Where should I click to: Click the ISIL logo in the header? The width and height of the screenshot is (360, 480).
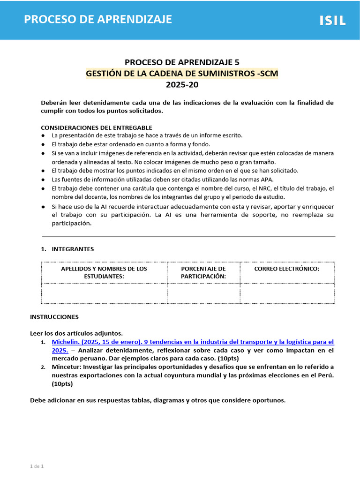tap(332, 20)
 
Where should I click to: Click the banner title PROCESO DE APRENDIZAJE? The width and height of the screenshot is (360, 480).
tap(98, 19)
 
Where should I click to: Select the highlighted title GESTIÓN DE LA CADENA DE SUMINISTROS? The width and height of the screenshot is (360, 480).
tap(182, 74)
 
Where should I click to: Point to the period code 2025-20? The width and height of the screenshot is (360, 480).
tap(182, 85)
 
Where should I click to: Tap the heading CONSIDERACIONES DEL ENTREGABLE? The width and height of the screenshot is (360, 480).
tap(97, 127)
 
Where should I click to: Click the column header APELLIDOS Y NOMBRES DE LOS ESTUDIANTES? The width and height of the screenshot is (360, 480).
tap(104, 272)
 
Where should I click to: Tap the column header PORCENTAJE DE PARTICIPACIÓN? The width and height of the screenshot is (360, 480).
tap(203, 272)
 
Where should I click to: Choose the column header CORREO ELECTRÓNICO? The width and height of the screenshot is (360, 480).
tap(286, 269)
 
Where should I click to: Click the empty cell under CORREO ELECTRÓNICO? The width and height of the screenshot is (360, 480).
tap(286, 293)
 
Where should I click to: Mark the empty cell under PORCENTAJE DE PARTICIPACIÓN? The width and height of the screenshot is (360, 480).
tap(203, 293)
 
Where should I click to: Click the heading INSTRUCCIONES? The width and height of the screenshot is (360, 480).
tap(54, 317)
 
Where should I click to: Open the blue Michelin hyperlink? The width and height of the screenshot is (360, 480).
tap(193, 342)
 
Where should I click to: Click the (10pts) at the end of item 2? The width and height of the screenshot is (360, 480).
tap(62, 383)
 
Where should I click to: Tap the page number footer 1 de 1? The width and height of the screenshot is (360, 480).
tap(37, 466)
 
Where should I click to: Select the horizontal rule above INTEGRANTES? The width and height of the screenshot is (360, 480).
tap(188, 236)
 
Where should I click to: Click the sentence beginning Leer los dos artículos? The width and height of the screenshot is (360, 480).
tap(76, 333)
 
